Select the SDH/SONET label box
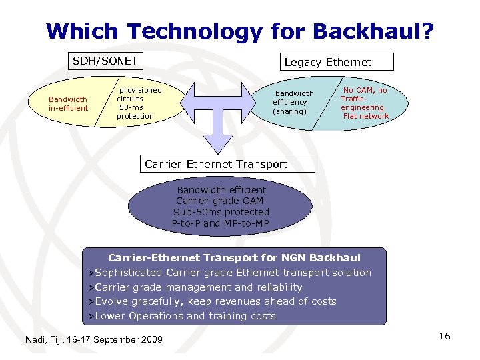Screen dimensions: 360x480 coord(105,61)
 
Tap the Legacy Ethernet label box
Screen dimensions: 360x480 coord(327,62)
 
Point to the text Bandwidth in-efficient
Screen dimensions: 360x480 coord(68,103)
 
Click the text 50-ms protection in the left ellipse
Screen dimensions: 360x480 coord(135,111)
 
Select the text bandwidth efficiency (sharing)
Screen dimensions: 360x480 coord(291,102)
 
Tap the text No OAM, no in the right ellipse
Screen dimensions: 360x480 coord(365,90)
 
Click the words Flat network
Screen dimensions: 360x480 coord(365,116)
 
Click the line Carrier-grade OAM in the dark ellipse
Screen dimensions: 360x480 coord(220,201)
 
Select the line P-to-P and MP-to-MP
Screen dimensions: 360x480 coord(221,223)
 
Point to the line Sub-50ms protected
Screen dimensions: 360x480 coord(221,212)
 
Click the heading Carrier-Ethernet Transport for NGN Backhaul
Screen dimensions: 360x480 coord(234,257)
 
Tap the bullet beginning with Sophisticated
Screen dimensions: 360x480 coord(233,272)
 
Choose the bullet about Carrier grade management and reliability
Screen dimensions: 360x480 coord(199,287)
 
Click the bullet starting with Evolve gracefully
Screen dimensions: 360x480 coord(215,301)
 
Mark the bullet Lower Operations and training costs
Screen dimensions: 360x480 coord(185,316)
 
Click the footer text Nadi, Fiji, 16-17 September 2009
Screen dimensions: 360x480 coord(93,340)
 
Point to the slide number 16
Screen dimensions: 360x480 coord(445,336)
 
